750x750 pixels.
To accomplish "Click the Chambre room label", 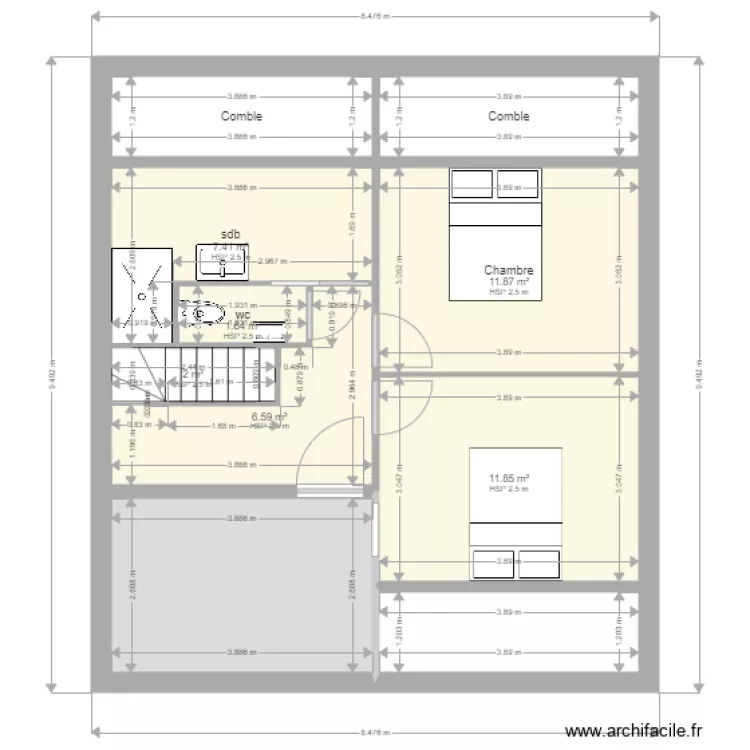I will pyautogui.click(x=508, y=270).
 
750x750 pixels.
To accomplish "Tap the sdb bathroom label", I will pyautogui.click(x=231, y=235).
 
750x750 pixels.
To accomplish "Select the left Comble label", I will pyautogui.click(x=241, y=116).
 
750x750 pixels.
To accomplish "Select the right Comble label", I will pyautogui.click(x=508, y=116).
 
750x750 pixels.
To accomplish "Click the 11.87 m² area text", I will pyautogui.click(x=508, y=282).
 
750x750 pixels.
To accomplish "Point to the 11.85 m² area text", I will pyautogui.click(x=509, y=479).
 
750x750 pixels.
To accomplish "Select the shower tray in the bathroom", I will pyautogui.click(x=144, y=288).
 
